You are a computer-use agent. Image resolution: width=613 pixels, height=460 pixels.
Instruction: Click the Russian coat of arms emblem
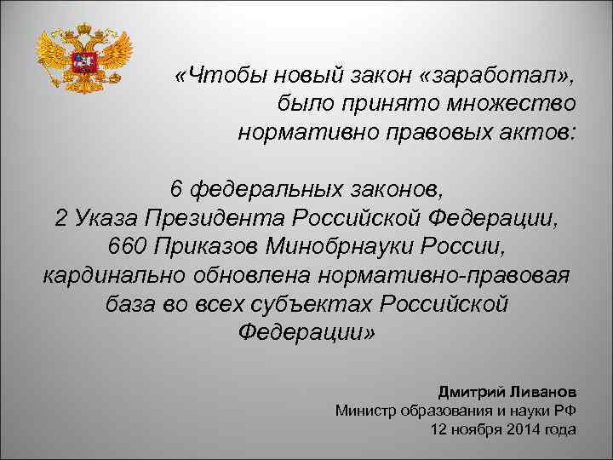(85, 57)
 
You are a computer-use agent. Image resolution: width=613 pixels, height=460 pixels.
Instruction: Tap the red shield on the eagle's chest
(85, 62)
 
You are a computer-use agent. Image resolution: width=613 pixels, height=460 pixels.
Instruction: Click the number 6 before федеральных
(176, 188)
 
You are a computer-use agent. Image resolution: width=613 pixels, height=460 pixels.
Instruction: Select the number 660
(130, 246)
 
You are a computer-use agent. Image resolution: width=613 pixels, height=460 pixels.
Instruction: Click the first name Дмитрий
(471, 392)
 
